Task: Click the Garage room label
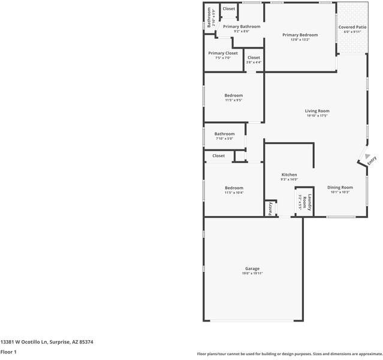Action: coord(252,268)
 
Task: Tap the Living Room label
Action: coord(317,111)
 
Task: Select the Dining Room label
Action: coord(340,188)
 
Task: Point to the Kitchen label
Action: coord(289,175)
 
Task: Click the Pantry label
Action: coord(270,208)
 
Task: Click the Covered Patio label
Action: coord(352,27)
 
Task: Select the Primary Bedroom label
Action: coord(300,35)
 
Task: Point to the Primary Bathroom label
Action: coord(242,26)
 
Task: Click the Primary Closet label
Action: coord(223,53)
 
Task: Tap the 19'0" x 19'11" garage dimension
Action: coord(252,274)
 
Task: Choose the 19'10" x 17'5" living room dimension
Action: coord(317,116)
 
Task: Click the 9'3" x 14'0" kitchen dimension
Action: coord(289,179)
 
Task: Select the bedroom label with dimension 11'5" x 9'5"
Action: coord(234,95)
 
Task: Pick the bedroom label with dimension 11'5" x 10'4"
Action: coord(234,188)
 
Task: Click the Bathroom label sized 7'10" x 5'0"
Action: coord(225,134)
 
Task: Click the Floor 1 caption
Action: coord(8,352)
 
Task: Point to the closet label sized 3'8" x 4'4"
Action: coord(254,58)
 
